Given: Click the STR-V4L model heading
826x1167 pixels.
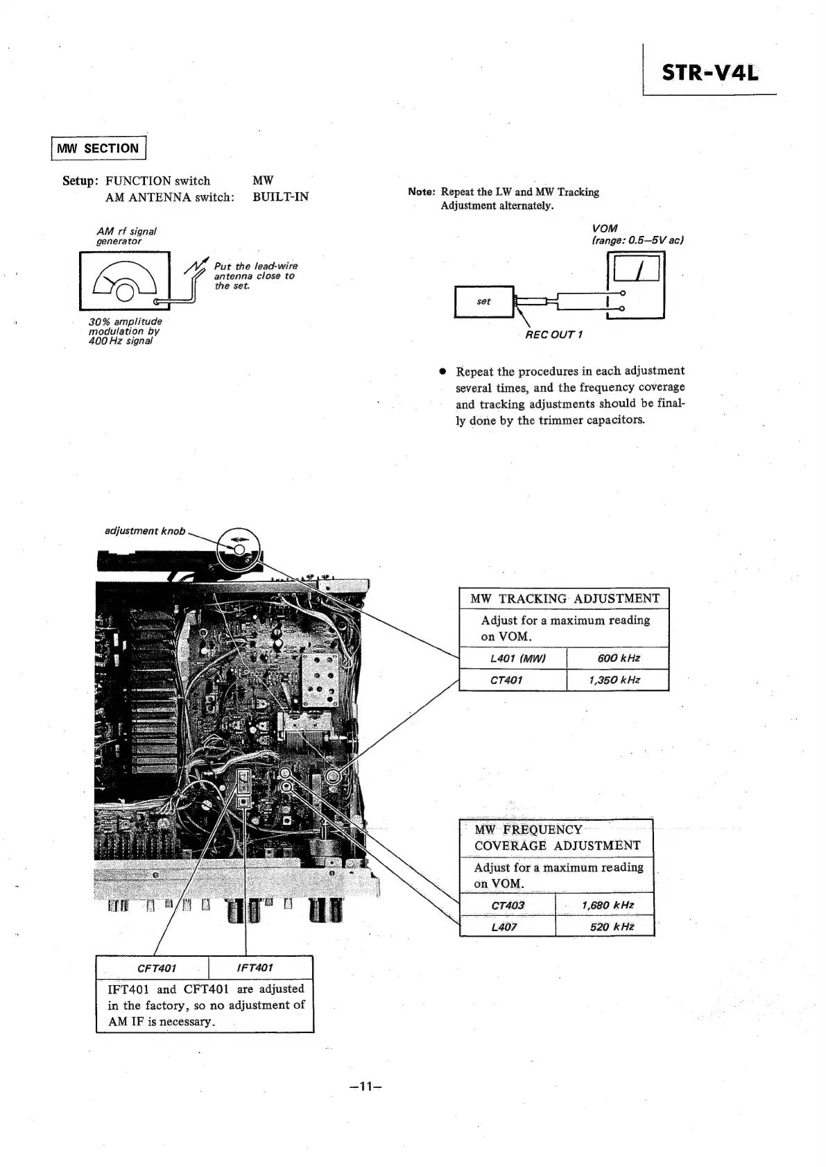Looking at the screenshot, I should tap(709, 72).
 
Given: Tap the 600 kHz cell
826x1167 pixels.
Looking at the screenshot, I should tap(618, 658).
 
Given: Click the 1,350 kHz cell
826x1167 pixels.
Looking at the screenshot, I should tap(618, 680).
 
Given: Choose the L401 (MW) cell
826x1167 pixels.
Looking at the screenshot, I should tap(513, 658).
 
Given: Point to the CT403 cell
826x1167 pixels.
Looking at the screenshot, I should tap(507, 905).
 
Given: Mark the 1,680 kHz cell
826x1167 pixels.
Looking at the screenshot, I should tap(605, 905).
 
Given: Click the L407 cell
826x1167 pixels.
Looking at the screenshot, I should tap(507, 927).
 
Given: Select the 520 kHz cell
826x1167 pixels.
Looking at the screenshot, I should tap(605, 927).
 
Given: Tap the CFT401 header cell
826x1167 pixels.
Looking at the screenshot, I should tap(153, 968).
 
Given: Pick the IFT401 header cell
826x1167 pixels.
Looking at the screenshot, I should tap(261, 968).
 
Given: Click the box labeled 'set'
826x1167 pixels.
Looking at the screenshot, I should tap(483, 302).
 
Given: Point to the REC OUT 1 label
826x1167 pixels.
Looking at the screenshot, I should tap(553, 335).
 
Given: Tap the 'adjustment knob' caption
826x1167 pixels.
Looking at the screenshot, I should tap(144, 531).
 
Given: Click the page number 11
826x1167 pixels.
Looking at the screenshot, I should tap(367, 1087).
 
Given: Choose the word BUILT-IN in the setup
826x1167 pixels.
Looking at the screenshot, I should tap(280, 197).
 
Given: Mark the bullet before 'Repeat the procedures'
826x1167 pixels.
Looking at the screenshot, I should tap(440, 371).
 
